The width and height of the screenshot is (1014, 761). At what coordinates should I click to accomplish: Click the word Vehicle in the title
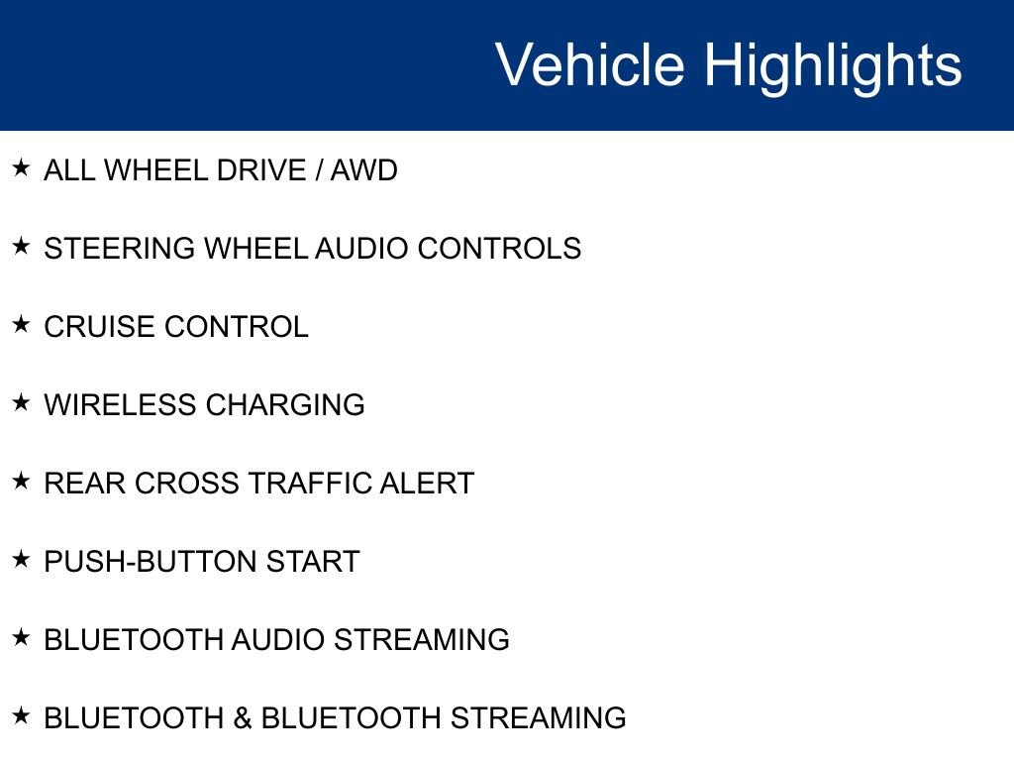pos(589,65)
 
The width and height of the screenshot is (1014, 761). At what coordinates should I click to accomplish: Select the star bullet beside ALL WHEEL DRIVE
pos(21,168)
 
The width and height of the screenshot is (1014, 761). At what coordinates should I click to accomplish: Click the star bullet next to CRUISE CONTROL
pos(21,325)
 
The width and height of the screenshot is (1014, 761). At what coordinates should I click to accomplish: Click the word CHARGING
pos(285,405)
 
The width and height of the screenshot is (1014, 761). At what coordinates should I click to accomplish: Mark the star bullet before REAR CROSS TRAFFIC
pos(21,482)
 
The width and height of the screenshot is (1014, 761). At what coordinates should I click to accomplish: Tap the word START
pos(313,562)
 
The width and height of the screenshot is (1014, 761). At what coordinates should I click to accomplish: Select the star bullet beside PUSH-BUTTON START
pos(21,560)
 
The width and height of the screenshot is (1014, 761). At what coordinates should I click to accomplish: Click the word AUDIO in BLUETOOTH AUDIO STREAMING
pos(278,640)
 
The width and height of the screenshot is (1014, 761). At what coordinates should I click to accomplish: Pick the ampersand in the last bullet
pos(243,718)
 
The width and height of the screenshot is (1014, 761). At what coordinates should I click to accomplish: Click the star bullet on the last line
pos(21,716)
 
